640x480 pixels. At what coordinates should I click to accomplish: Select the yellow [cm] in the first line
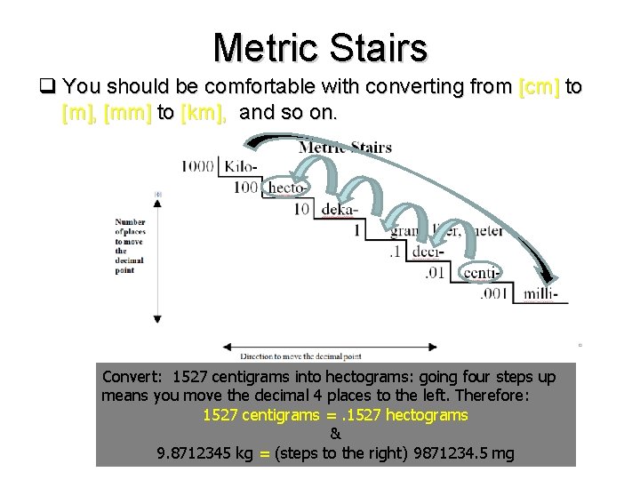coord(539,87)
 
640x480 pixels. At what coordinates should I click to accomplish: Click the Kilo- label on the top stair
coord(243,166)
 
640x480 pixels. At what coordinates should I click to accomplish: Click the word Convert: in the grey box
coord(134,377)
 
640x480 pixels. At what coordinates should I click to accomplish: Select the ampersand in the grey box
coord(335,435)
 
